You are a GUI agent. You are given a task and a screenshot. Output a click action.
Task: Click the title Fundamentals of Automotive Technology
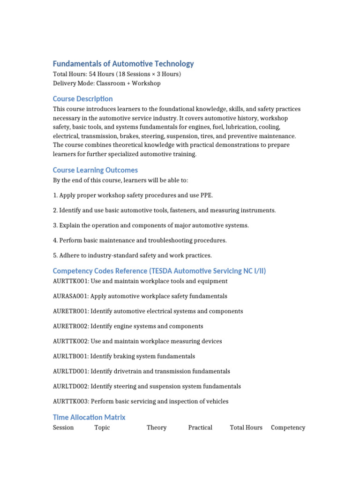[123, 64]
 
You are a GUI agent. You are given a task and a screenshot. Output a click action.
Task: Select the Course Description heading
[82, 99]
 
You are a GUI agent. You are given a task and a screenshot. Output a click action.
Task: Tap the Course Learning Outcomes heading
[95, 170]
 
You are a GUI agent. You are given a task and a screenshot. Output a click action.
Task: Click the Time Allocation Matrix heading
[89, 417]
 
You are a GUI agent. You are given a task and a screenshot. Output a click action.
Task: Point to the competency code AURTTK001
[70, 281]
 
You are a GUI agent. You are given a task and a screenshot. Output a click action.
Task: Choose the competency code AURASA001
[70, 296]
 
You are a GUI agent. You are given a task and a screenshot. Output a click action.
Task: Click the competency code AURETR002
[70, 326]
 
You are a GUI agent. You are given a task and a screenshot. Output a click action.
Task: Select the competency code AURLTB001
[70, 356]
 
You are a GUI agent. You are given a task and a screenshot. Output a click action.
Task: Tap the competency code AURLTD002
[70, 386]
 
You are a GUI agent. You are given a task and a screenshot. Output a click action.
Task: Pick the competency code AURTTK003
[70, 401]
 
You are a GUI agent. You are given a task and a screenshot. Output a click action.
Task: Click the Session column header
[63, 427]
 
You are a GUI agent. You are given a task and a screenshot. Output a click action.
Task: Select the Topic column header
[102, 427]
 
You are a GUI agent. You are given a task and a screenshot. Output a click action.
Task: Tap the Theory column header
[157, 427]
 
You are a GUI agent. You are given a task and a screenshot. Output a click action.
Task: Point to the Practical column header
[200, 427]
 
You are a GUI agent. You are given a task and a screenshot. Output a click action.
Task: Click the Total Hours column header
[246, 427]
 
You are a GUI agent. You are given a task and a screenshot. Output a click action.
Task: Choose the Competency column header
[288, 427]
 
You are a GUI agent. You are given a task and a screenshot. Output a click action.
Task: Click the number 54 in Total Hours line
[93, 74]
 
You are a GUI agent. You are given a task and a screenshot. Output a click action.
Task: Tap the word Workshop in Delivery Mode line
[146, 83]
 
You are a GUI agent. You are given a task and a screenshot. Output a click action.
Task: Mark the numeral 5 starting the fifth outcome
[55, 255]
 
